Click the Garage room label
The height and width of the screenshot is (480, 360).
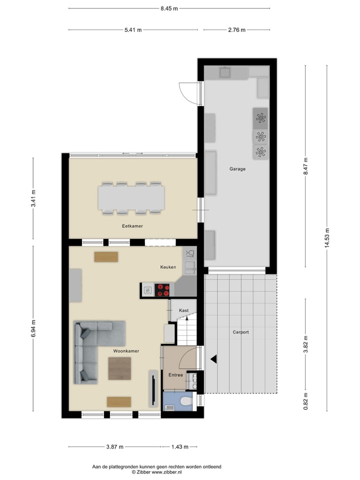point(237,169)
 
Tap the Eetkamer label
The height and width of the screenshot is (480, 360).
point(132,226)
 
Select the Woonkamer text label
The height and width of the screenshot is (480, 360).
point(126,351)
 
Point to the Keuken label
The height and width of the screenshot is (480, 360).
point(168,267)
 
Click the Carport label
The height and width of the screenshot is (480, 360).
point(240,332)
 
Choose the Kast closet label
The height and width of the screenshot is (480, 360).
point(183,310)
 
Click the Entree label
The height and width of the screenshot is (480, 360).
point(175,375)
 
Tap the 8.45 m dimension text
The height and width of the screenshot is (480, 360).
point(169,8)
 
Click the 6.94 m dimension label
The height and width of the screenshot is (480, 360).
point(33,328)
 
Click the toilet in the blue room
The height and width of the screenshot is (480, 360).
point(185,400)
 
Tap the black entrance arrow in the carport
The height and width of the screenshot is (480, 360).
point(213,358)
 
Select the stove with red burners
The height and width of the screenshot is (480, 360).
point(162,289)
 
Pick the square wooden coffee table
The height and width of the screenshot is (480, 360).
point(119,368)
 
